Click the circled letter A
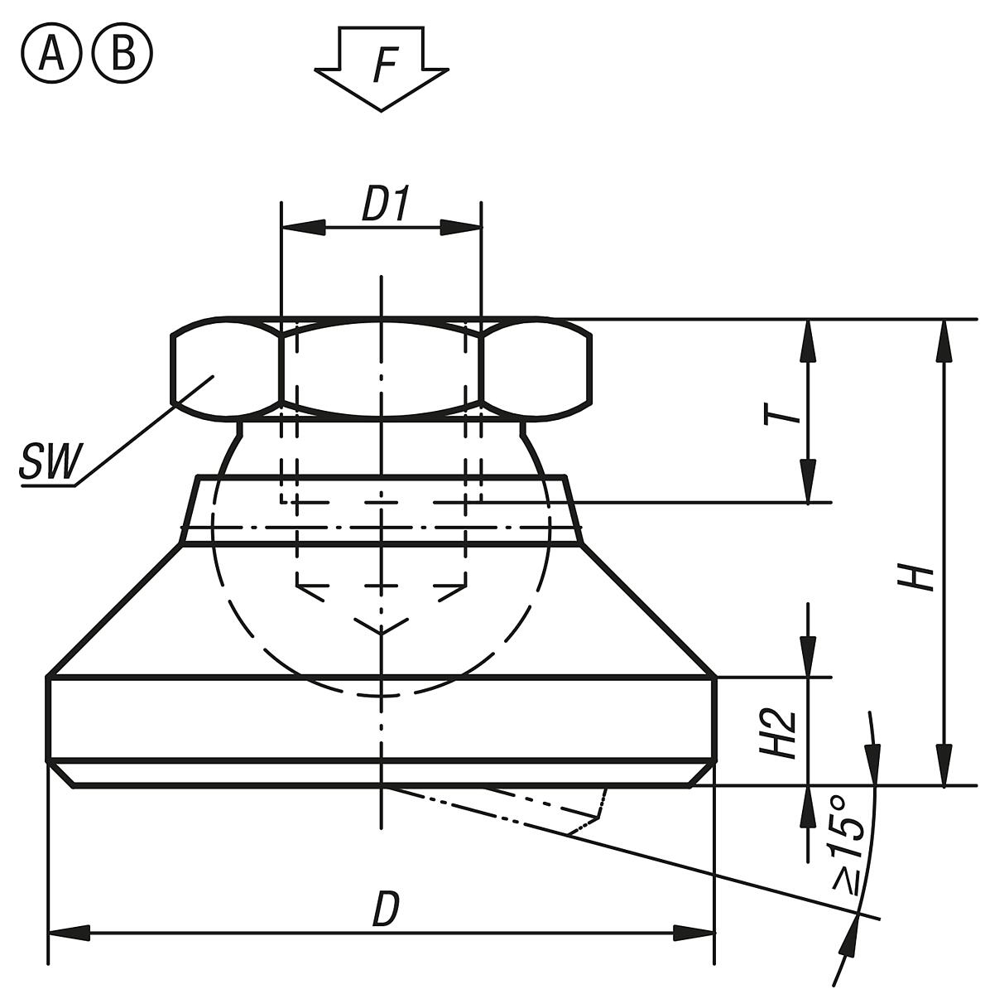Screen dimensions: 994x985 point(51,55)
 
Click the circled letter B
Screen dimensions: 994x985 point(122,55)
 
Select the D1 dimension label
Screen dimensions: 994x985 point(385,206)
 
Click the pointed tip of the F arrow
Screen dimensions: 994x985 point(382,108)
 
